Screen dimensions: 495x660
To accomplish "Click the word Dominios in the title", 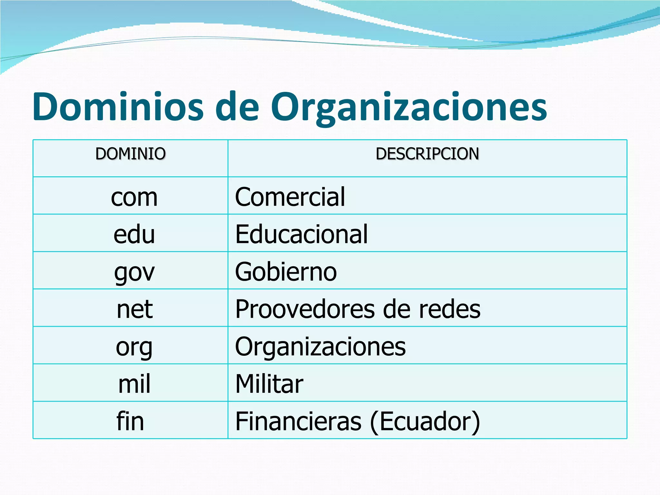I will tap(118, 107).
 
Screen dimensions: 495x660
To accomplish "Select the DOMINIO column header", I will tap(131, 154).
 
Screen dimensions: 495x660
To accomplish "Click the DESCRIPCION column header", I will tap(427, 154).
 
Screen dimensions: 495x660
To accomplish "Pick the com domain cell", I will tap(134, 197).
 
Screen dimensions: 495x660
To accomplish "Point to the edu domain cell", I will tap(134, 234).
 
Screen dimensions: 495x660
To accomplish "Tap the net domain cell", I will tap(134, 309).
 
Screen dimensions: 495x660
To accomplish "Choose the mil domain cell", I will tap(134, 384).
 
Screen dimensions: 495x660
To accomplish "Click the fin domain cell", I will tap(130, 421).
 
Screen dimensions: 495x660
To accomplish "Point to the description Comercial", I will tap(290, 197).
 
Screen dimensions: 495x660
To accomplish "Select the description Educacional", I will tap(301, 234).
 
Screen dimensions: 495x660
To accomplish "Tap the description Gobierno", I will tap(286, 272).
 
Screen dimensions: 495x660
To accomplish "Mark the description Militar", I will tap(269, 384).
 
